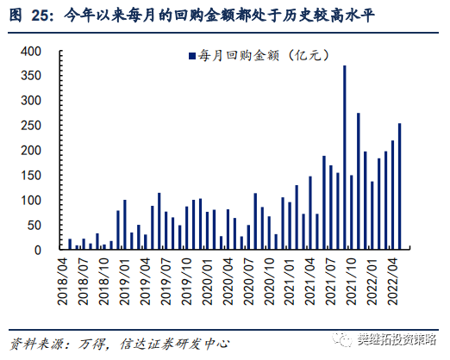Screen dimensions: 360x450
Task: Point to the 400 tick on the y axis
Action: (x=31, y=52)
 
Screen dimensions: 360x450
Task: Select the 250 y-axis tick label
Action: (x=31, y=126)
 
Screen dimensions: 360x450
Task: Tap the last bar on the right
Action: (x=399, y=187)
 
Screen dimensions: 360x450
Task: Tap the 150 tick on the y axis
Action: (x=31, y=176)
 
